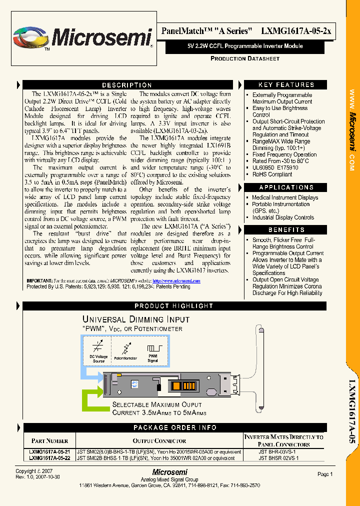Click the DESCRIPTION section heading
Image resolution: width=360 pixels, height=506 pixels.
click(x=126, y=85)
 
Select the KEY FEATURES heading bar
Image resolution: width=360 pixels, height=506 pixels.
click(x=286, y=85)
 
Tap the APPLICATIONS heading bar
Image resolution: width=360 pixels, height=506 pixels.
click(x=286, y=187)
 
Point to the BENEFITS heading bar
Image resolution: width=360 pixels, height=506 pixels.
click(x=286, y=230)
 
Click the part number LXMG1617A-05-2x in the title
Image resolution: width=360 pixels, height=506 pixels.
click(x=296, y=31)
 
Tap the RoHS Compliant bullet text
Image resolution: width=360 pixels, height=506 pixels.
click(x=272, y=174)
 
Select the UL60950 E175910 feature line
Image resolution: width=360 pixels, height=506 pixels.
click(x=275, y=168)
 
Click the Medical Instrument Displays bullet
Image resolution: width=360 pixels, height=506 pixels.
click(x=285, y=197)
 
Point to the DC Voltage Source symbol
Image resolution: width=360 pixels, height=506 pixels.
click(x=99, y=349)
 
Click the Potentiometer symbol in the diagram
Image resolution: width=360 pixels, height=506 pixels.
click(x=125, y=349)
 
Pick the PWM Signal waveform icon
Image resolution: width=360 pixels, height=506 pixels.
click(x=152, y=349)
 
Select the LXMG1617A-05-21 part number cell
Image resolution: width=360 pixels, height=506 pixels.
click(x=49, y=451)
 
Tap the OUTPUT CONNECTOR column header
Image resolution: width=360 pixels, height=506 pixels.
click(x=159, y=440)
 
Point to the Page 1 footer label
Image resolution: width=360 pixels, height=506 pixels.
click(x=324, y=474)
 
